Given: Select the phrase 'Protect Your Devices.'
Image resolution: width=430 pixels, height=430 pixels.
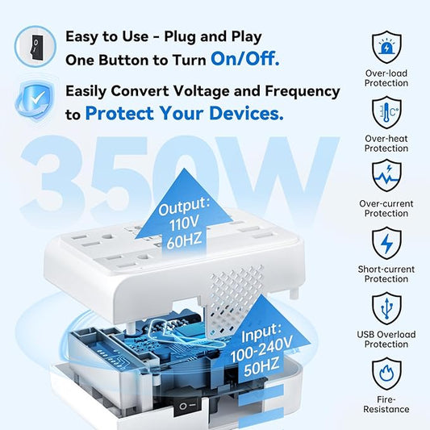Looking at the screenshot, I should tap(184, 114).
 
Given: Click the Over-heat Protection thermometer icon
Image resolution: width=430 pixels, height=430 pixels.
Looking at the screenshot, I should tap(386, 111).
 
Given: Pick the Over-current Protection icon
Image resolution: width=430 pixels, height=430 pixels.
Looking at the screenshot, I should tap(386, 176).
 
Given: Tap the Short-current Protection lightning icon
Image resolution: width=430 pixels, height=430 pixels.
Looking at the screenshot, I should tap(386, 242).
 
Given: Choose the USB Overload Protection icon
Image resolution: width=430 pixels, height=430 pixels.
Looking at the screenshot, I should tap(386, 307).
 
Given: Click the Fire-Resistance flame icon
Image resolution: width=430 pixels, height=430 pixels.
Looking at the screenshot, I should tap(386, 373).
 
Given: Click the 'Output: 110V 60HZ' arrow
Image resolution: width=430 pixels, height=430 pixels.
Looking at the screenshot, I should tap(182, 206).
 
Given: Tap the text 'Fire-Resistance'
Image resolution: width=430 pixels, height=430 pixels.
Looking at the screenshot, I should tap(386, 403).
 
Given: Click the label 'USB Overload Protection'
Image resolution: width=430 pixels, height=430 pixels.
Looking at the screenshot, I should tap(386, 339).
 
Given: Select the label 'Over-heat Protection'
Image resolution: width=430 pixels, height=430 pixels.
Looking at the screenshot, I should tap(386, 143).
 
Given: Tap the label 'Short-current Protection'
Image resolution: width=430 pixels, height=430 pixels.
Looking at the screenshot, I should tap(386, 273).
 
